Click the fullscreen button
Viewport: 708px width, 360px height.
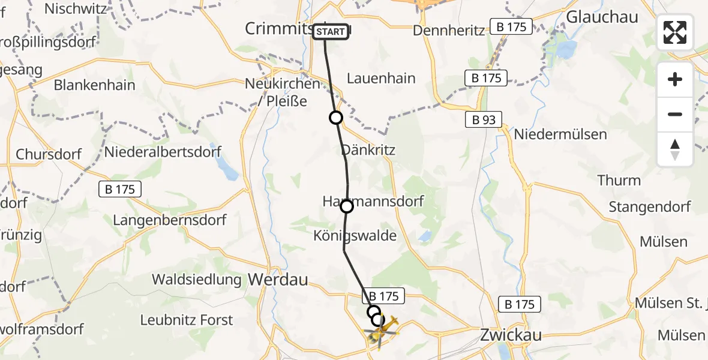click(x=675, y=32)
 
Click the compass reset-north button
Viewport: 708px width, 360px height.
click(x=675, y=149)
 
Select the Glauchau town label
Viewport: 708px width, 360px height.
click(x=593, y=17)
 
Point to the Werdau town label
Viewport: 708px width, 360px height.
click(x=277, y=279)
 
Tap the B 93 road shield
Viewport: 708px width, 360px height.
click(x=483, y=120)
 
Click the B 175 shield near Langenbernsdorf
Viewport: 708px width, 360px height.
click(x=120, y=190)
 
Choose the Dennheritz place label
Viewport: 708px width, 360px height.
click(x=449, y=30)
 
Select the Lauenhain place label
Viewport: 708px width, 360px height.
click(x=381, y=79)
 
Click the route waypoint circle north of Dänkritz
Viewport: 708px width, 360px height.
click(x=336, y=118)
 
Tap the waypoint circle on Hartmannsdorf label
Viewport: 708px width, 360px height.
click(x=347, y=207)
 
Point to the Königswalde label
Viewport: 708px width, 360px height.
click(x=355, y=236)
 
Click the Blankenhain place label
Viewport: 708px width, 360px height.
click(x=94, y=85)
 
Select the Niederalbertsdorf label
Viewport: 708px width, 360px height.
click(x=163, y=152)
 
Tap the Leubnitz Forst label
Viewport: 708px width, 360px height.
click(x=187, y=320)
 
